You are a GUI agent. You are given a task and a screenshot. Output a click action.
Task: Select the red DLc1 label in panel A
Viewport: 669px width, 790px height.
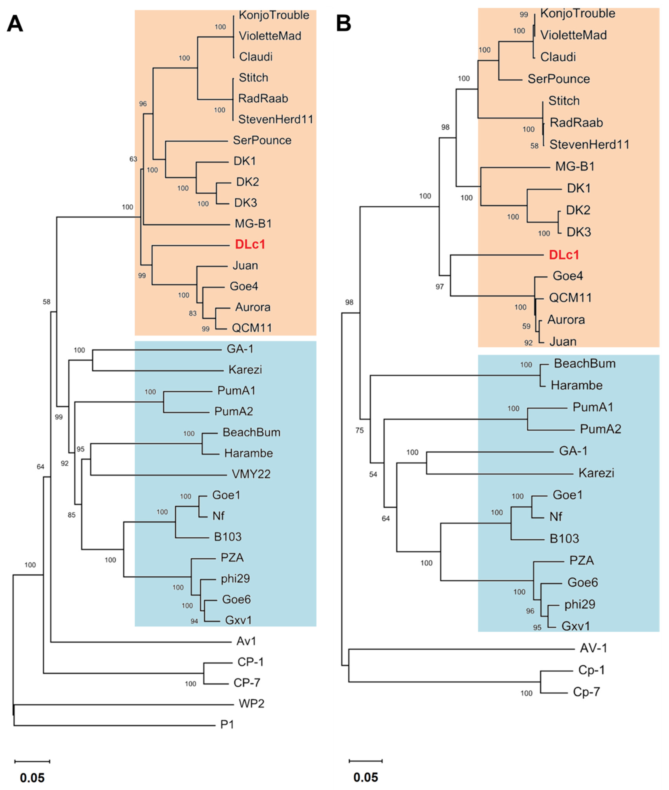250,245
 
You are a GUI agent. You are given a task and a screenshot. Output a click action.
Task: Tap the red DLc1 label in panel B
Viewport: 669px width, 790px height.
564,255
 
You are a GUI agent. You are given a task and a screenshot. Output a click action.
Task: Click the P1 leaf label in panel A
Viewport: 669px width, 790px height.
227,725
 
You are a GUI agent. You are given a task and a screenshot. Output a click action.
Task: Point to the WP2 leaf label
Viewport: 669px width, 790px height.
252,704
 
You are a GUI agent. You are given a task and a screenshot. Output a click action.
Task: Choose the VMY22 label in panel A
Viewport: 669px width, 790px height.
251,474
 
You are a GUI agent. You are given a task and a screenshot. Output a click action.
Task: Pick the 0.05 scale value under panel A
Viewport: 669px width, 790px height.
32,778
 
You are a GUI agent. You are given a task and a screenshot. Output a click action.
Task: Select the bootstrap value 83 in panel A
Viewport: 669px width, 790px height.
193,314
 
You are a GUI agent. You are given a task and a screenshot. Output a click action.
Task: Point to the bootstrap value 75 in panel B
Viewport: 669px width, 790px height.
359,431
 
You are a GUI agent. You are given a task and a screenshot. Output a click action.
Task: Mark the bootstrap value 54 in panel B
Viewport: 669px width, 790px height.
373,475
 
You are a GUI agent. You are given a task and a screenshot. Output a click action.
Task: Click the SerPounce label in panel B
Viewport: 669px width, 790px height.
559,79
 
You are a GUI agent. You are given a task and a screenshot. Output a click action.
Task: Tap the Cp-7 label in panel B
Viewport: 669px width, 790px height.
586,692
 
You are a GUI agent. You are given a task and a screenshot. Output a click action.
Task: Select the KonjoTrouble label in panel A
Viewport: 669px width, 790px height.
274,15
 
